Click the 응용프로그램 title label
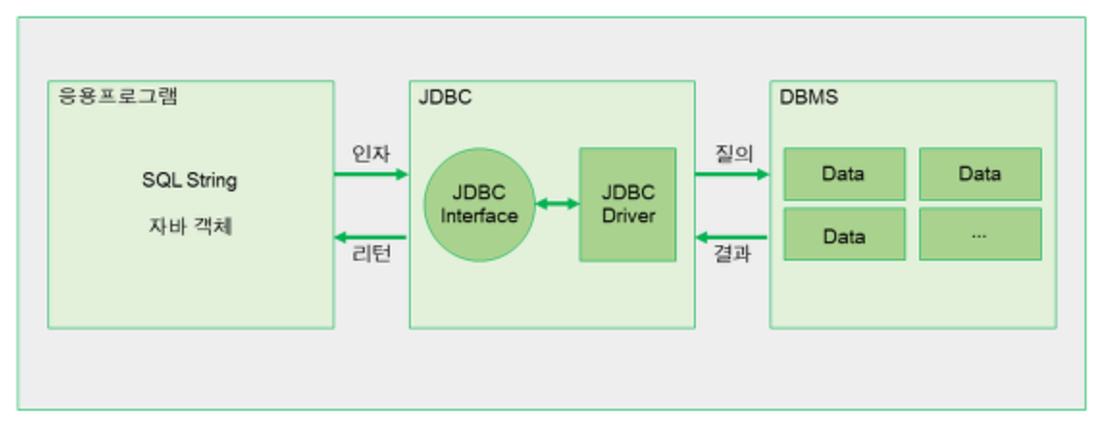[x=117, y=96]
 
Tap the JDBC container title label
[x=445, y=97]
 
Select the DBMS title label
[x=808, y=97]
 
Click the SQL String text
[x=190, y=181]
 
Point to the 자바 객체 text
[x=190, y=227]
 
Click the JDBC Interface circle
[x=479, y=205]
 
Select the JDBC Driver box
[x=628, y=205]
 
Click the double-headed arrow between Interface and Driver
[x=558, y=205]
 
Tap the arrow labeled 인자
[x=371, y=174]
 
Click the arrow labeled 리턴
[x=371, y=238]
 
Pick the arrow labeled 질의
[x=732, y=174]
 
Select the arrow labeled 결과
[x=732, y=238]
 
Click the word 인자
[x=371, y=153]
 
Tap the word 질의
[x=733, y=153]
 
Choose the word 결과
[x=733, y=254]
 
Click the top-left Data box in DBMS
[x=845, y=174]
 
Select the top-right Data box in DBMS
[x=981, y=174]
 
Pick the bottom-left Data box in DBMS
[x=845, y=234]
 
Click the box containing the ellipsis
[x=981, y=234]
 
